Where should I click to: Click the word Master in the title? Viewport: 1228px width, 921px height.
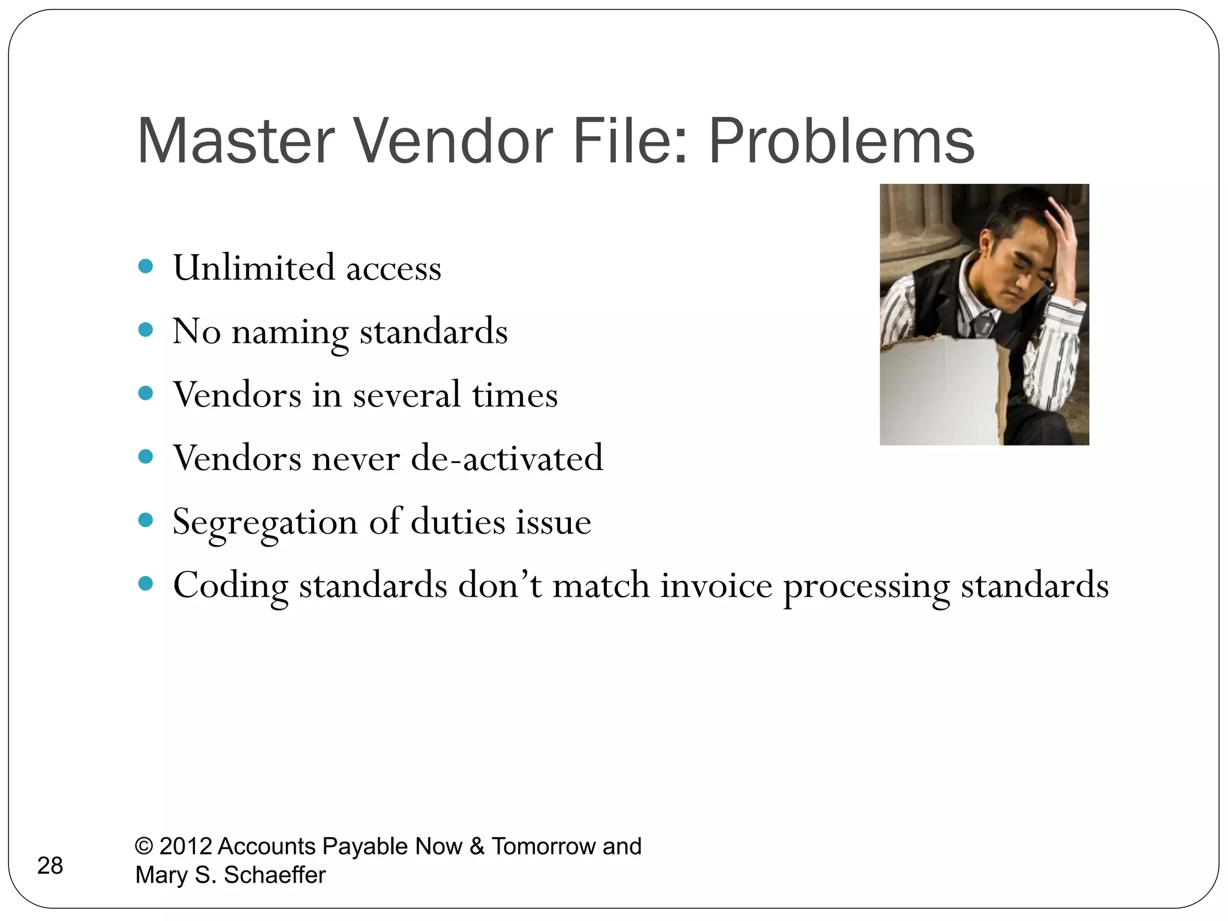[x=236, y=142]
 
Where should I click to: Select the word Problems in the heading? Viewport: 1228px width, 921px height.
[x=841, y=142]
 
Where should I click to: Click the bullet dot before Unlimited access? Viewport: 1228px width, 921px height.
[x=145, y=266]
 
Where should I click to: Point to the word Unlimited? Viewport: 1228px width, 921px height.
[x=254, y=267]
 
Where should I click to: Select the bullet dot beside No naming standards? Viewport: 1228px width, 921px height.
[x=145, y=330]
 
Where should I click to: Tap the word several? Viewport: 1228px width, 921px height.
[x=407, y=396]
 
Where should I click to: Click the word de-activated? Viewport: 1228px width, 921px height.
[x=507, y=459]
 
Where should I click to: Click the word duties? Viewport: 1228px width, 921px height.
[x=458, y=522]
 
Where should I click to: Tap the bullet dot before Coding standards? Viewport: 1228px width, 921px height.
[x=145, y=583]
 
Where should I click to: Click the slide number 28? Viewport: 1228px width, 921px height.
[x=50, y=866]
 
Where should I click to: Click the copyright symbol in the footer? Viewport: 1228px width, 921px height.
[x=144, y=846]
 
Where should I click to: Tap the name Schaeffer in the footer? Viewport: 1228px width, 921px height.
[x=275, y=875]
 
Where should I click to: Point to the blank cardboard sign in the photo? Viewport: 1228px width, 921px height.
[x=938, y=390]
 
